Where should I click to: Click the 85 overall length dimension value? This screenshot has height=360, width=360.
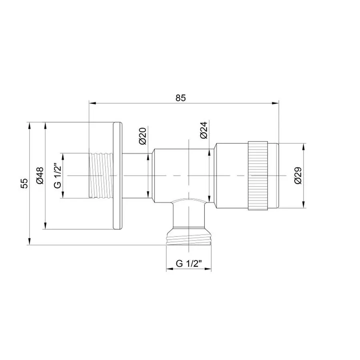[x=181, y=98]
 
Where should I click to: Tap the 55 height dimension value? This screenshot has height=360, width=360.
[x=24, y=183]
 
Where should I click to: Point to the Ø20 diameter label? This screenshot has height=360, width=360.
[x=143, y=136]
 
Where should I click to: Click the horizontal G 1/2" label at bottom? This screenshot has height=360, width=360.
[x=188, y=263]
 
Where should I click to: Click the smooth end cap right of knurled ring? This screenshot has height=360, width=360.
[x=273, y=176]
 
